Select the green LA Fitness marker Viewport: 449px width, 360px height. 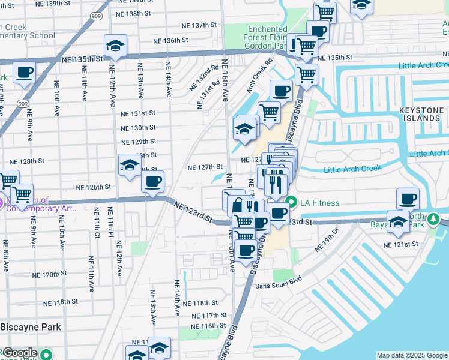click(x=291, y=202)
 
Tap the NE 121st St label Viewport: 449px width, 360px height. click(x=402, y=244)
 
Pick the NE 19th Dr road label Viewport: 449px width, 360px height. click(x=327, y=242)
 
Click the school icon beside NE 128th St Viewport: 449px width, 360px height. click(x=129, y=166)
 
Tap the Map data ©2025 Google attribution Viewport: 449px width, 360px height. click(x=411, y=355)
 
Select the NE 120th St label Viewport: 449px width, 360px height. click(x=50, y=274)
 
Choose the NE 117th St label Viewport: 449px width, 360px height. click(x=209, y=315)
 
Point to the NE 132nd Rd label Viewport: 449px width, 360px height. click(x=209, y=76)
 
